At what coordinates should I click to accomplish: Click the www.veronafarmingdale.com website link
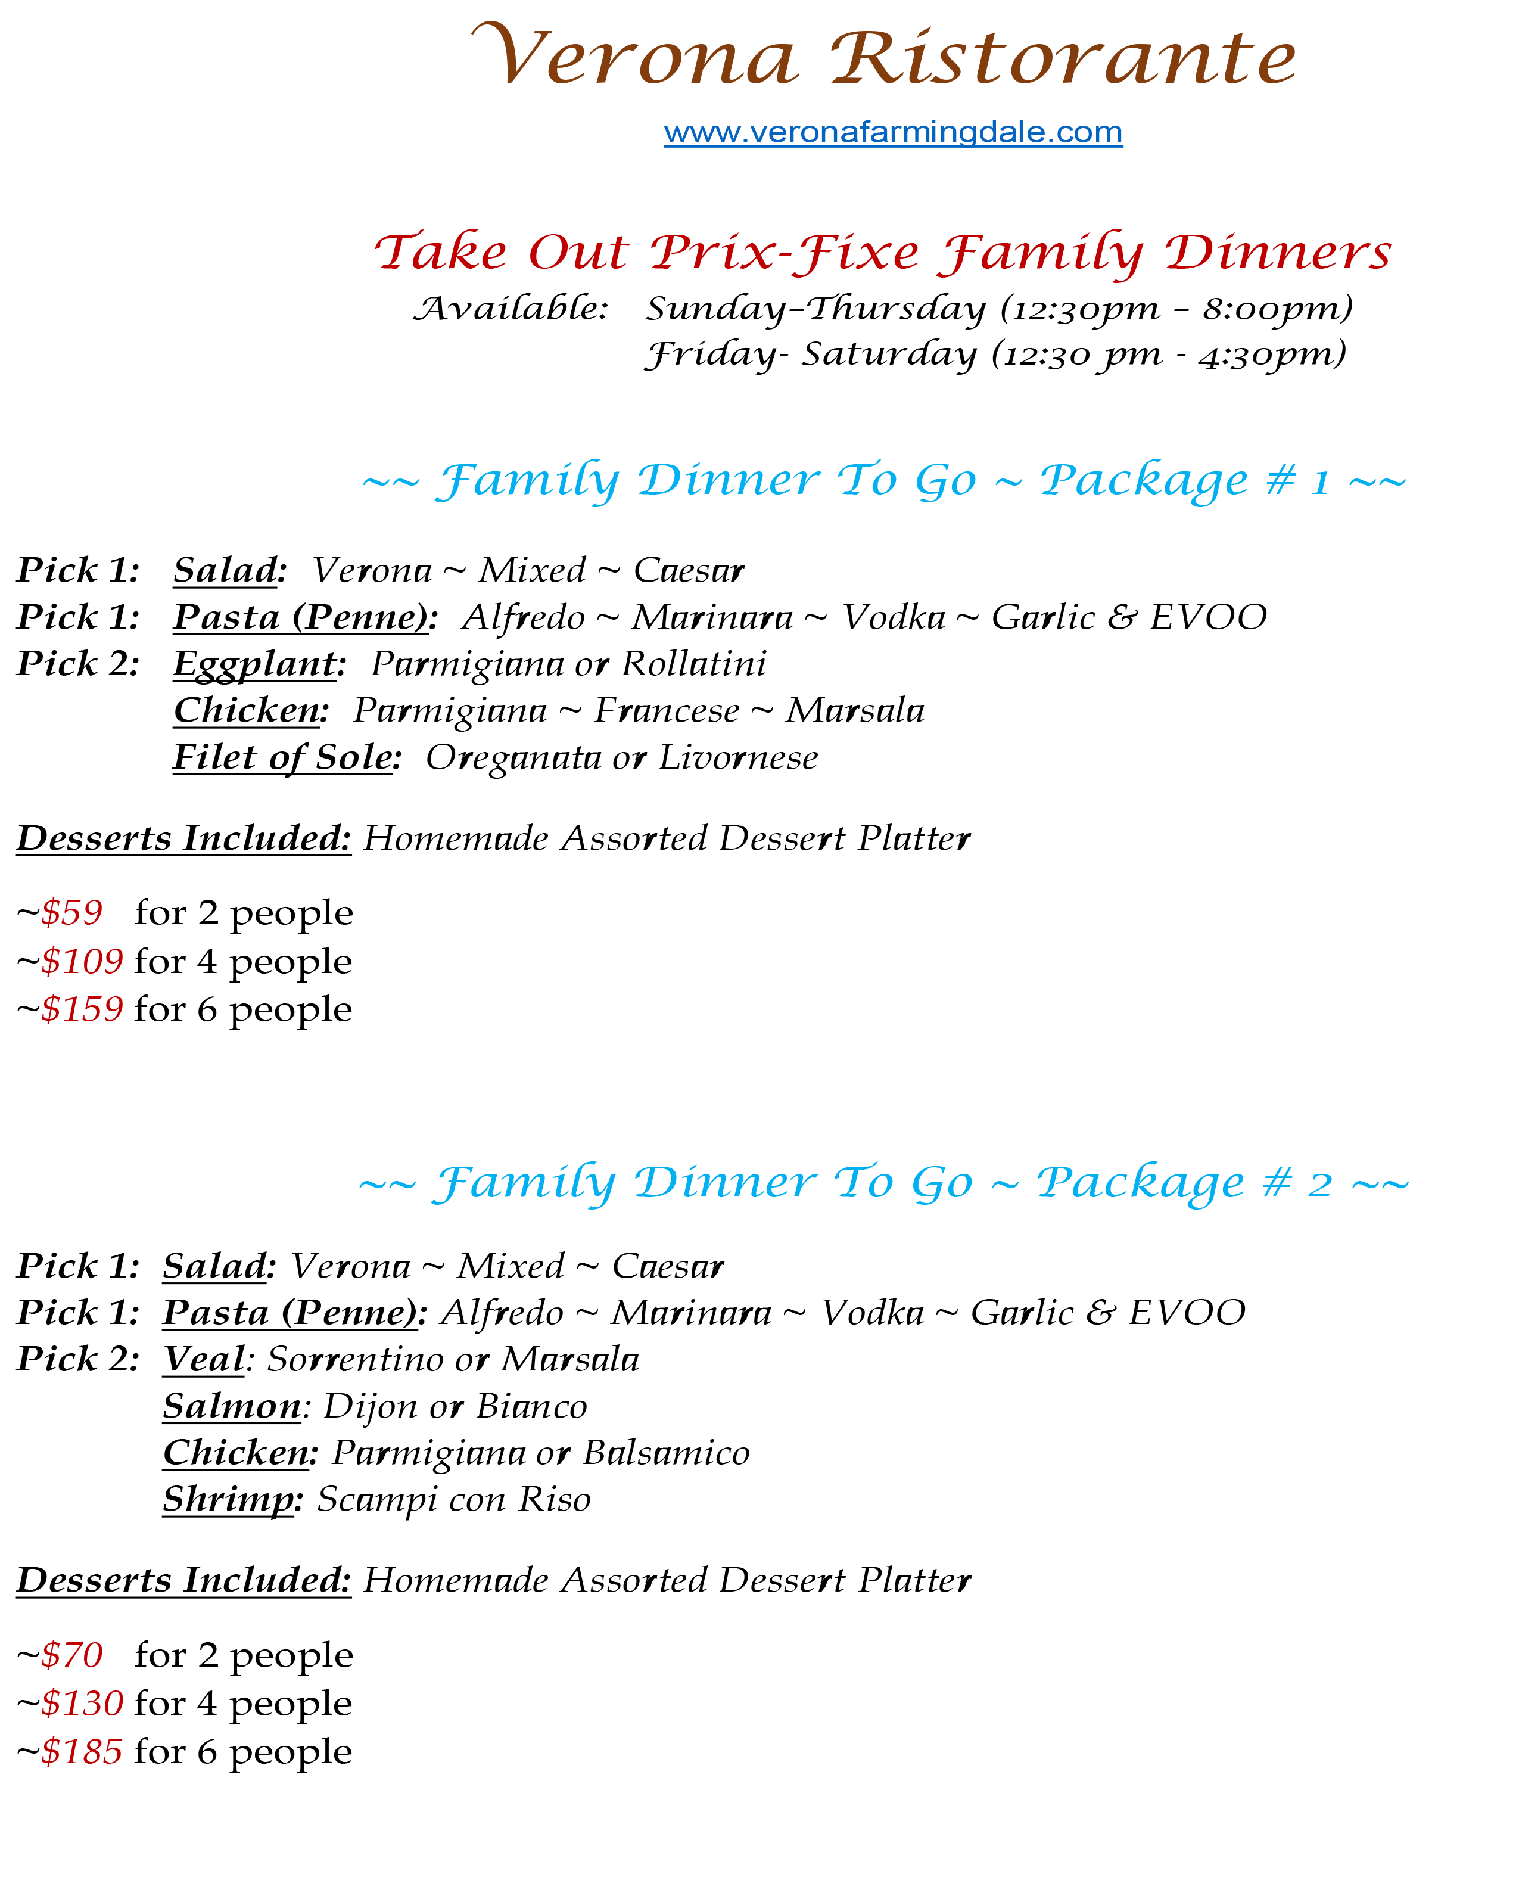tap(893, 132)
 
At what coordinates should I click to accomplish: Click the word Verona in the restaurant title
tap(635, 57)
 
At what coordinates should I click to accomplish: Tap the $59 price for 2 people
tap(72, 912)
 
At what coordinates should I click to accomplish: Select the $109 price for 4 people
tap(82, 961)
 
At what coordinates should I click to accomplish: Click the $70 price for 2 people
tap(72, 1655)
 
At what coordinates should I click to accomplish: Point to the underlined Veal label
tap(204, 1359)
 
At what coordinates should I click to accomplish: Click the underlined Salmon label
tap(232, 1406)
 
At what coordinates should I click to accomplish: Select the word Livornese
tap(738, 758)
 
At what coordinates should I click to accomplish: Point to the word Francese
tap(667, 711)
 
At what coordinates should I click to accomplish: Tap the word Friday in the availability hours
tap(710, 355)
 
